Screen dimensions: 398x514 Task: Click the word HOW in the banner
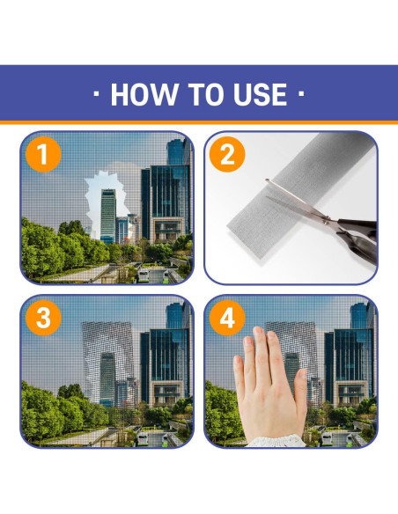point(144,94)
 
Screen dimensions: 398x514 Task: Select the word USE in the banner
point(260,94)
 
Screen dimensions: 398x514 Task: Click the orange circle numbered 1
point(43,154)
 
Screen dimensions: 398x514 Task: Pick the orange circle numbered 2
point(227,154)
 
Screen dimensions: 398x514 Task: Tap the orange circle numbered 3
point(43,318)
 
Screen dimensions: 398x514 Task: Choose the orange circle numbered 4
point(227,318)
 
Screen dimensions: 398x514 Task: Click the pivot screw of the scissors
point(326,222)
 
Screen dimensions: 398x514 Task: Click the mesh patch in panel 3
point(107,363)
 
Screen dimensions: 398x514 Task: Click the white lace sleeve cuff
point(276,441)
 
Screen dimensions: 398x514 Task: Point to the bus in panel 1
point(144,275)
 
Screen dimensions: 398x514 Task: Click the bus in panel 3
point(143,438)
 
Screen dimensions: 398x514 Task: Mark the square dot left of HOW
point(96,94)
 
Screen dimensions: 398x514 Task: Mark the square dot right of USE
point(301,94)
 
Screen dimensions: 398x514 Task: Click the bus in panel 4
point(327,438)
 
